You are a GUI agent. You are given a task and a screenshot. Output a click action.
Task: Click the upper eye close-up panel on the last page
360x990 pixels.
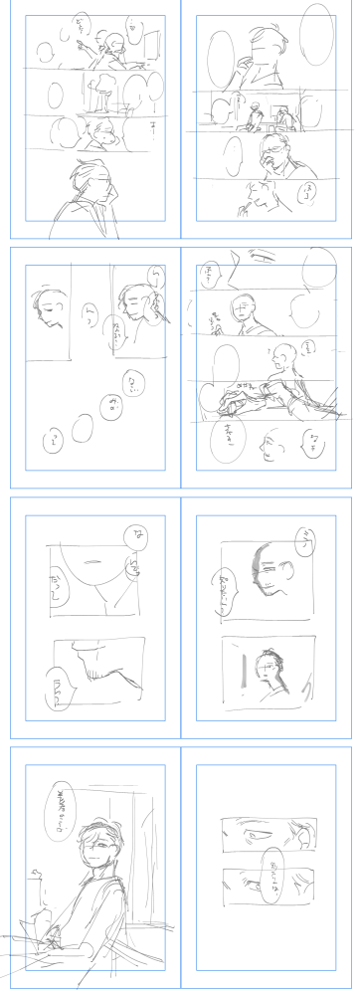point(267,828)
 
